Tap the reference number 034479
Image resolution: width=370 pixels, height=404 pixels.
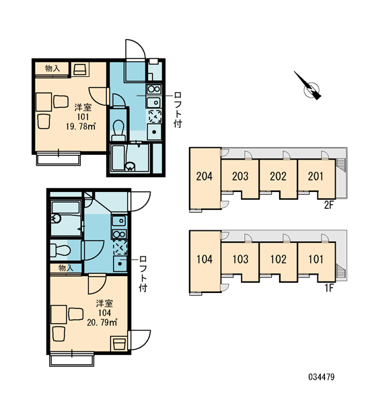tap(322, 377)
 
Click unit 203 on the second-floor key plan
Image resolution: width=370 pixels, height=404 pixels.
tap(240, 176)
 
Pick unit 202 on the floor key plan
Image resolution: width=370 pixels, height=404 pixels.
tap(279, 176)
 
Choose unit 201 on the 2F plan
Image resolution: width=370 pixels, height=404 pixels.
tap(316, 176)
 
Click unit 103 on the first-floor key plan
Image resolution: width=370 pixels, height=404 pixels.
tap(240, 259)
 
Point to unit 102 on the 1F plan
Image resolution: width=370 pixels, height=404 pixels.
tap(279, 259)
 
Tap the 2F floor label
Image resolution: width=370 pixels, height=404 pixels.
tap(328, 205)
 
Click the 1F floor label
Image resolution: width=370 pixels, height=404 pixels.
tap(329, 288)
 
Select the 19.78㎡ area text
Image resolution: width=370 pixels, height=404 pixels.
tap(81, 127)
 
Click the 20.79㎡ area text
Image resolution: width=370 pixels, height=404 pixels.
tap(102, 323)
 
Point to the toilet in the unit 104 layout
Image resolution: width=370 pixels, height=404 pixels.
tap(61, 250)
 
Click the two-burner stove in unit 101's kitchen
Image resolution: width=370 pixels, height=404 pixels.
tap(153, 90)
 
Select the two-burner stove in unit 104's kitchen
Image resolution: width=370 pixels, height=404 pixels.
tap(119, 234)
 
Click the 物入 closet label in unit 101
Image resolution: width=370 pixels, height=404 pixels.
tap(52, 68)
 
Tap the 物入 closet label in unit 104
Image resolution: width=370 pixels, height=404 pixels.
tap(66, 268)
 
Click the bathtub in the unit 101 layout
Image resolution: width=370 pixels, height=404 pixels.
tap(118, 158)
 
